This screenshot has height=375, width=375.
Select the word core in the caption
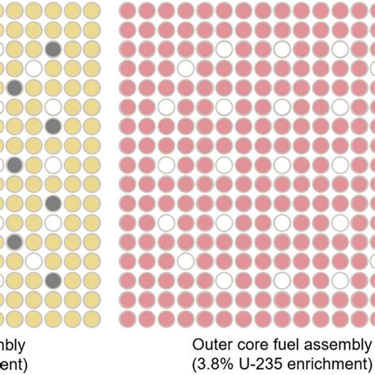[x=253, y=345]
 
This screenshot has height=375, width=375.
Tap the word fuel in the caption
[x=286, y=345]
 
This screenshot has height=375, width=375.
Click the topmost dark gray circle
[x=53, y=49]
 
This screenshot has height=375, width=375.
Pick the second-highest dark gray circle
[x=14, y=87]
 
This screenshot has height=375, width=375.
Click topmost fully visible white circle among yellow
[x=34, y=68]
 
